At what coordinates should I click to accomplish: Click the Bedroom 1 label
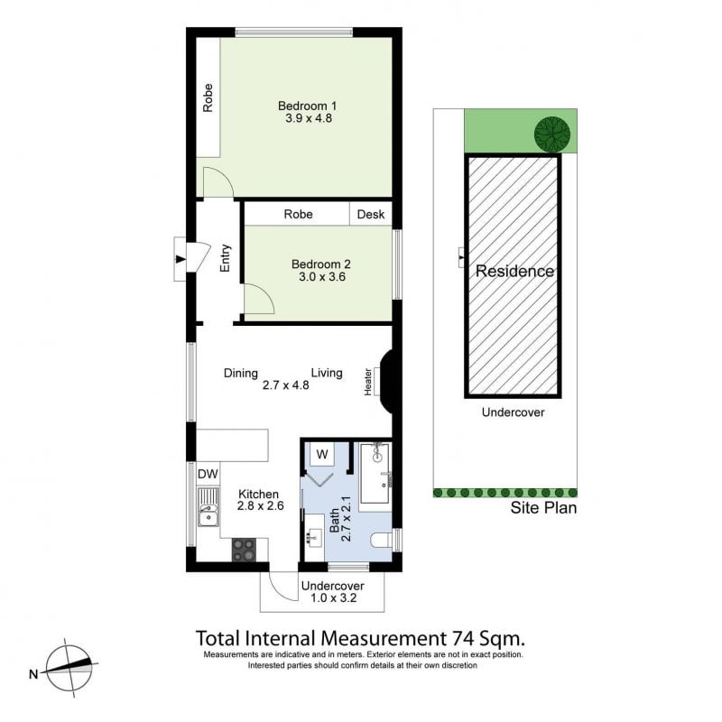click(308, 106)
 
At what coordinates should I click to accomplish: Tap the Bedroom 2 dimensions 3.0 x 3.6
click(322, 277)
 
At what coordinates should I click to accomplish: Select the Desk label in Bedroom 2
click(371, 214)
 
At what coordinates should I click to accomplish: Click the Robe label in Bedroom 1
click(208, 97)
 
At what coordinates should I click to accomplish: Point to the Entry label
click(225, 258)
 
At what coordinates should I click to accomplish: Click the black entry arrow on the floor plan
click(180, 260)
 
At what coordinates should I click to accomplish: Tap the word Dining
click(240, 373)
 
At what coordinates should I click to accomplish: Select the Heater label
click(368, 382)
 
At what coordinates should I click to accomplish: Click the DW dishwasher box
click(208, 475)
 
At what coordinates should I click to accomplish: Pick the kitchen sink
click(208, 507)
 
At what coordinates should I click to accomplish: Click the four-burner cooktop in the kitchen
click(244, 550)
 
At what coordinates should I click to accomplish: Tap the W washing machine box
click(322, 455)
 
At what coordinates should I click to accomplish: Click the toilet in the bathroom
click(381, 539)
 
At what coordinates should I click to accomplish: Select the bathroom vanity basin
click(314, 536)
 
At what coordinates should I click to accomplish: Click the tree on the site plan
click(552, 134)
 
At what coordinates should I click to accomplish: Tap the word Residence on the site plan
click(514, 271)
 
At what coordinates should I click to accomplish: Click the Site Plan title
click(543, 508)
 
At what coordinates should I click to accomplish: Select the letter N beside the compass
click(33, 674)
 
